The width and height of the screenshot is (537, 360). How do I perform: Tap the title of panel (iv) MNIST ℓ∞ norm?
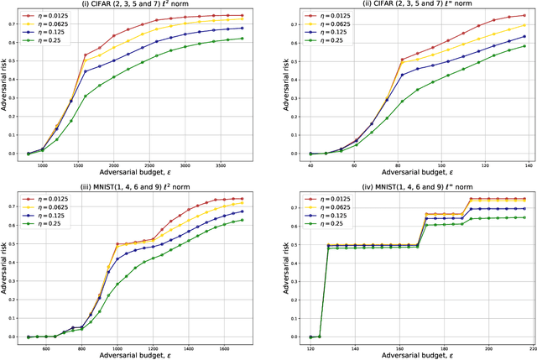416,187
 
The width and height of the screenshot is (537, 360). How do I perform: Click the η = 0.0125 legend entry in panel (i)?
51,16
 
